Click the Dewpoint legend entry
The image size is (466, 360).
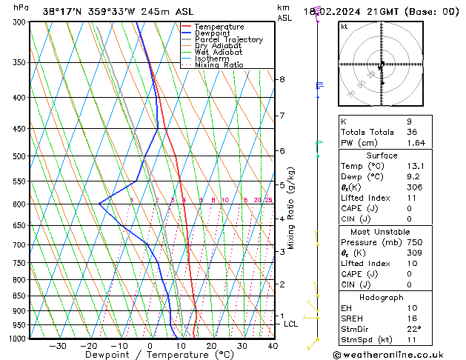[x=219, y=33]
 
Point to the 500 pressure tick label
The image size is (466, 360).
[x=19, y=157]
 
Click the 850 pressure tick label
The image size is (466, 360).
[x=19, y=296]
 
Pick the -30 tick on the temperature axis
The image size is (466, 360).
[x=57, y=346]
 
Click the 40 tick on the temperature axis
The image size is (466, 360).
[x=273, y=346]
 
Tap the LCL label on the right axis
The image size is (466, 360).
[x=291, y=324]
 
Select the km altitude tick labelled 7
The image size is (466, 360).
[x=282, y=116]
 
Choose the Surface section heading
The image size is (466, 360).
[x=382, y=156]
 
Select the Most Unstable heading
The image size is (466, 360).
[x=382, y=232]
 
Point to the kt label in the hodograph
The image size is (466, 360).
[x=344, y=27]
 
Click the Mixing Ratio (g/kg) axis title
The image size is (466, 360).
[x=291, y=208]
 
